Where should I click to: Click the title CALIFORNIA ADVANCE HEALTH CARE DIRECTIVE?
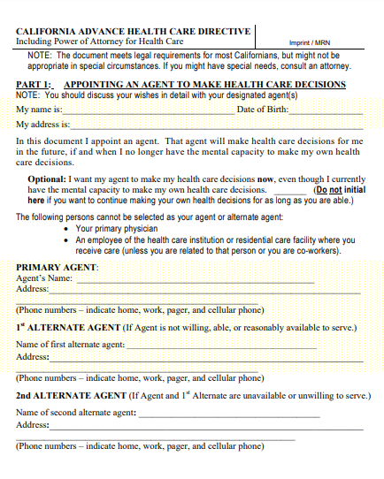132,30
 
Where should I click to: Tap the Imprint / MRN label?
309,42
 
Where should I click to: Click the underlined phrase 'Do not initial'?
340,189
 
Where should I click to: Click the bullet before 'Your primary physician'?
67,229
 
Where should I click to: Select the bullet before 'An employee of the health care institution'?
67,239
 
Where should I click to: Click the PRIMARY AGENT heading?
58,267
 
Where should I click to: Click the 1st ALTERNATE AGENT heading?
66,328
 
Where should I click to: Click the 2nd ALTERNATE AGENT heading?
72,396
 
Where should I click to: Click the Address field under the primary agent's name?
204,292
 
